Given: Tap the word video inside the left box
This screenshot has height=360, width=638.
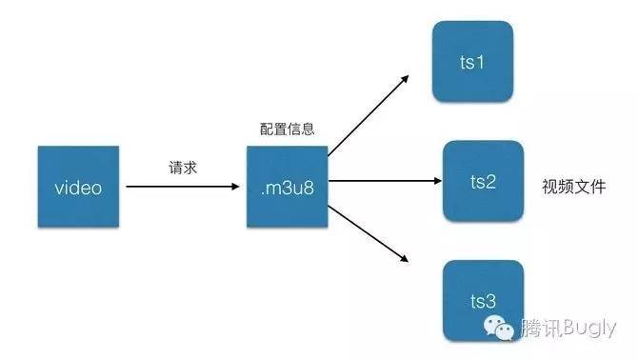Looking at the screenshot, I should [x=79, y=188].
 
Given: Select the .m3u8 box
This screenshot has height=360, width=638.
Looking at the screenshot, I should [x=287, y=187].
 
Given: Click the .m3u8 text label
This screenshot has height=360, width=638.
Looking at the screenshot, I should [x=287, y=188].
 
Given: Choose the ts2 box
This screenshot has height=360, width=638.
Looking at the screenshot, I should [x=484, y=181].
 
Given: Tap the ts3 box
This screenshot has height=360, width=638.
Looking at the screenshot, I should [x=484, y=300].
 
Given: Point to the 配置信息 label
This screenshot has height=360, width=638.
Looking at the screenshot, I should [x=287, y=129].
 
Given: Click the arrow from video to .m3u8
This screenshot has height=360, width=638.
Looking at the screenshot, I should [x=181, y=187].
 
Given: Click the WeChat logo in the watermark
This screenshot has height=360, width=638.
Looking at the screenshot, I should [x=499, y=329].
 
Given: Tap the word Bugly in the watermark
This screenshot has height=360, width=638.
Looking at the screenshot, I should [x=591, y=330].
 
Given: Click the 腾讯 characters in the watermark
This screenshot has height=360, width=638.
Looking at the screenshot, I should [x=541, y=330].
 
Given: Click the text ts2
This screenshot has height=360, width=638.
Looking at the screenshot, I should [x=484, y=182].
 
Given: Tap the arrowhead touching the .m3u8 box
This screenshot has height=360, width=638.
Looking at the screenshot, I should [x=239, y=187].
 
